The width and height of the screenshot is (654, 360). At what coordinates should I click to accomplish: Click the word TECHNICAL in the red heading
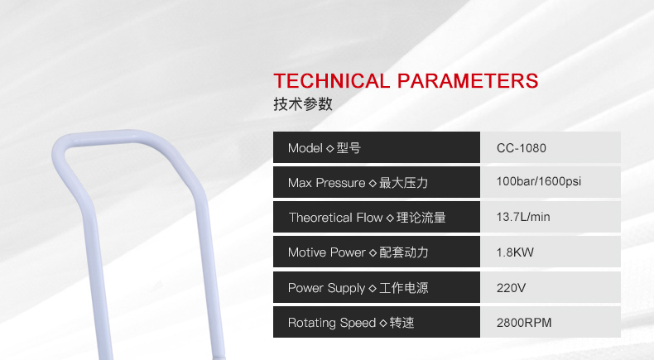(x=332, y=81)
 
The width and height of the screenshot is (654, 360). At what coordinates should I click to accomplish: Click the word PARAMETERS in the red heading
(x=468, y=81)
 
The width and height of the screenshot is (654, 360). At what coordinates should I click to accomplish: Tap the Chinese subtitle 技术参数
(x=303, y=104)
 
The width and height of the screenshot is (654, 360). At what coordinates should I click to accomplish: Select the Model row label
(x=324, y=148)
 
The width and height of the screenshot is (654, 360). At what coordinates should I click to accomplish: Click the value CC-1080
(x=521, y=148)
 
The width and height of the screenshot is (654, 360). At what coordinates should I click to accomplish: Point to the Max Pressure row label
(x=358, y=183)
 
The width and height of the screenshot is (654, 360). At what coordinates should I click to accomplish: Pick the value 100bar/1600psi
(x=538, y=181)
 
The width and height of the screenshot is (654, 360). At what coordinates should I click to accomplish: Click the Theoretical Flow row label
(x=368, y=218)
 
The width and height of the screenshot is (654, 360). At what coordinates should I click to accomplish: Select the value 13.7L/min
(x=523, y=217)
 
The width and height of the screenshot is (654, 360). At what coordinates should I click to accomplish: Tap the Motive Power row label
(x=358, y=252)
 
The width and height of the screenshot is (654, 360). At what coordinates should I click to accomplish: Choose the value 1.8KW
(x=515, y=252)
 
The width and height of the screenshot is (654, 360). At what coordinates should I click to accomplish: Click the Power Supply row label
(x=358, y=288)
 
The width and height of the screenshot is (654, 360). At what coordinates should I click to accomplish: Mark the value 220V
(x=511, y=288)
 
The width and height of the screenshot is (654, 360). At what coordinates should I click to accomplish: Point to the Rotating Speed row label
(x=351, y=323)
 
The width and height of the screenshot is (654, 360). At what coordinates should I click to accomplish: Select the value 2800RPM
(x=524, y=323)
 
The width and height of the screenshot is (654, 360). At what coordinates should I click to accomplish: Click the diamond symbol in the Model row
(x=330, y=148)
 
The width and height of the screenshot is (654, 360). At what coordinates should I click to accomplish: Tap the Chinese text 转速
(x=402, y=323)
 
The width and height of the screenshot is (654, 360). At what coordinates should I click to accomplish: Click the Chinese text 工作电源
(x=404, y=288)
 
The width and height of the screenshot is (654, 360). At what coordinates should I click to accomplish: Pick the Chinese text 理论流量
(x=421, y=218)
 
